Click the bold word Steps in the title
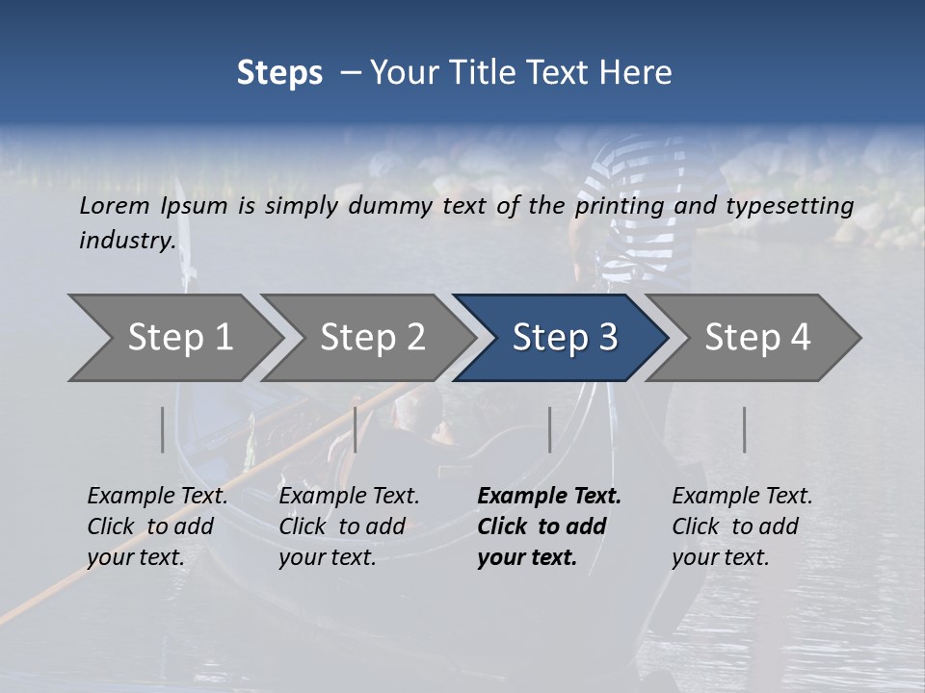pos(279,73)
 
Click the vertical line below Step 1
pos(163,429)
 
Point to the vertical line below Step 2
pos(356,429)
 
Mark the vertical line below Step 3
pos(549,429)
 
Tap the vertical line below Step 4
pos(744,429)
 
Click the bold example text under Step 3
pos(549,526)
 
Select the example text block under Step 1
pos(158,526)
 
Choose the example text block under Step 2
pos(349,526)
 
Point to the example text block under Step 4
pos(742,526)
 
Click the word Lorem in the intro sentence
pos(115,205)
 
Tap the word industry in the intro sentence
pos(127,241)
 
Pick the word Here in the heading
pos(640,73)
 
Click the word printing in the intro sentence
pos(618,206)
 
